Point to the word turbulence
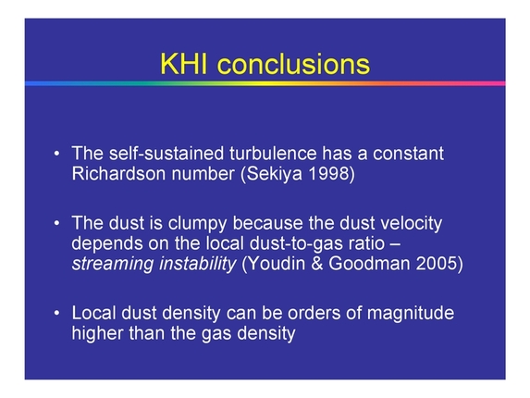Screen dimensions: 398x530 tap(243, 153)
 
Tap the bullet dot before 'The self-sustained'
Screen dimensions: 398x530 tap(56, 154)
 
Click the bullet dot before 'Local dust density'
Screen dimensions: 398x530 tap(56, 314)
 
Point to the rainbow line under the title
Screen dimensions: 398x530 tap(265, 83)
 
